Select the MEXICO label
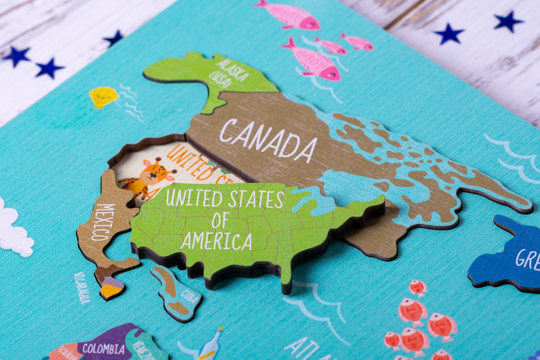tap(101, 222)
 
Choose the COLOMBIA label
tap(103, 349)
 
